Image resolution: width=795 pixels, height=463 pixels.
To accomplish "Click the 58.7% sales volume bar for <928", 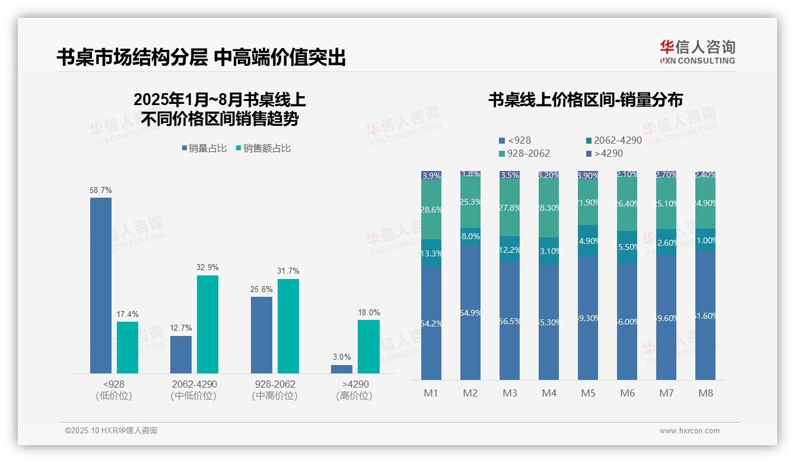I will click(101, 285).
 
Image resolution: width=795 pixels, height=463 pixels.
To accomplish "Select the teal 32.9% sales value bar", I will click(208, 324).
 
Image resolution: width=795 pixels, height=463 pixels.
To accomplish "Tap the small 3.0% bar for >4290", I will click(342, 369).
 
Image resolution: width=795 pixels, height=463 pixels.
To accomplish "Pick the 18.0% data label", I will click(369, 312).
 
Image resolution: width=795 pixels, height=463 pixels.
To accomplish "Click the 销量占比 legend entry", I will click(205, 148).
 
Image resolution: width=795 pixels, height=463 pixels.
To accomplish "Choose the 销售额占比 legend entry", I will click(263, 148).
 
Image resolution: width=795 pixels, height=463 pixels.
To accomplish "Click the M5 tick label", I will click(588, 393).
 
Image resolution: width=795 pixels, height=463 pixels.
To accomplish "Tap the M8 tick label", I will click(705, 393).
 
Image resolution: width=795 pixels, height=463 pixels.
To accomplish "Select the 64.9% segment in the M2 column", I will click(470, 312).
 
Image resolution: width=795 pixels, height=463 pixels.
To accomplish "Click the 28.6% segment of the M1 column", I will click(431, 210).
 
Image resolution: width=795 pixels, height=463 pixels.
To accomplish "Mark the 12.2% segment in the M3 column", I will click(510, 249).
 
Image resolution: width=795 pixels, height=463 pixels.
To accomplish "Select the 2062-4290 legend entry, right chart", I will click(613, 141).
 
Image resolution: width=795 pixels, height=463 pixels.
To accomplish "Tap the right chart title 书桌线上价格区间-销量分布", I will click(585, 100).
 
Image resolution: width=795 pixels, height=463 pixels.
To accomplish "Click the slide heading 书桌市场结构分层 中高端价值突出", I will click(201, 58).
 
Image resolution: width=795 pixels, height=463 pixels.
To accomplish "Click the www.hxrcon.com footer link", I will click(689, 431).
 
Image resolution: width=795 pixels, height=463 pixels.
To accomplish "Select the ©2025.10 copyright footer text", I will click(111, 431).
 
